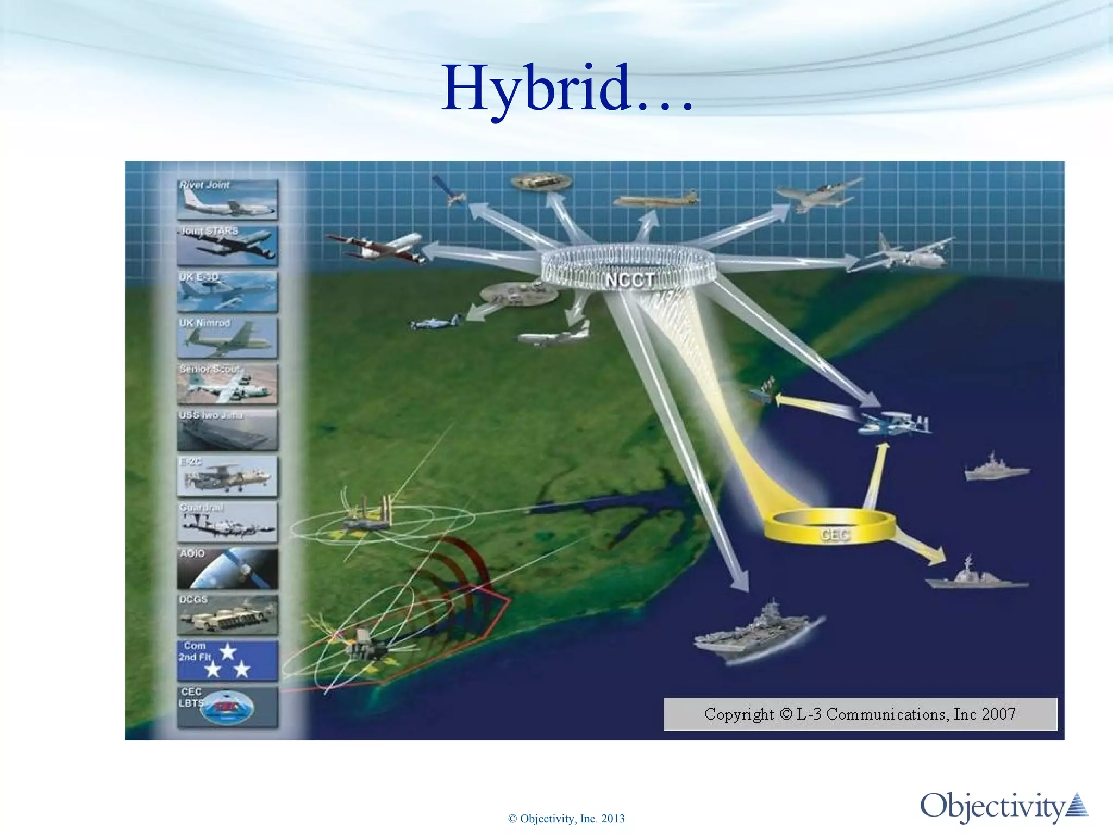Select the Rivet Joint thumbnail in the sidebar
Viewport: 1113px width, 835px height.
pos(227,200)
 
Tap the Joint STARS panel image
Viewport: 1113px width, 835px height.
pos(227,246)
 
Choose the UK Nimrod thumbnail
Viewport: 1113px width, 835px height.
pos(227,338)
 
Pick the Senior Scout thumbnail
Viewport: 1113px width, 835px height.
pos(227,384)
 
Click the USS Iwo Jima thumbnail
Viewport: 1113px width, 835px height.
pos(227,430)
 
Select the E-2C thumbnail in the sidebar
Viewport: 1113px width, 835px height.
pos(227,476)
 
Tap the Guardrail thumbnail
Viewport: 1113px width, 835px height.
pos(227,522)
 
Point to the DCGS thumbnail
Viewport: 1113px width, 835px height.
pos(227,615)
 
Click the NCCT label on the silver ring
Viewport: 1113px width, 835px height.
pos(630,280)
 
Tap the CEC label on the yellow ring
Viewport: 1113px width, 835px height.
pos(834,535)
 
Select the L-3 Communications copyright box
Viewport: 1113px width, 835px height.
pos(860,714)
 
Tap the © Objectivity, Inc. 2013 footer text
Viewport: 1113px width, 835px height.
pos(566,819)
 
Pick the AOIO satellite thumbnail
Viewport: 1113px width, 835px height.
pos(227,569)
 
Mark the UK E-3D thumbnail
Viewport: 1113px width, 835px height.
pos(227,292)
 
